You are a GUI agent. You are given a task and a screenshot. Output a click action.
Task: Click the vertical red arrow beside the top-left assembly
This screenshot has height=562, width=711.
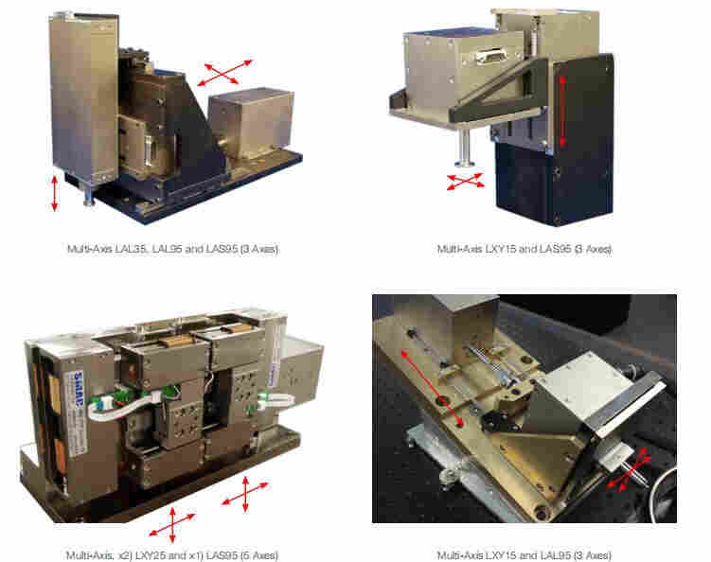pyautogui.click(x=55, y=194)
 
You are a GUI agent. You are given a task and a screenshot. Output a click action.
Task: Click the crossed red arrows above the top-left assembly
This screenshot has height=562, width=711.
pyautogui.click(x=225, y=73)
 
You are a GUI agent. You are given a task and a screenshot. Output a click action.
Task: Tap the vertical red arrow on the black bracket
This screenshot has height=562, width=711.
pyautogui.click(x=562, y=111)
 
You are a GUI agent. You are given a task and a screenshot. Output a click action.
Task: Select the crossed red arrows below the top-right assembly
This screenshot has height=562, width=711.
pyautogui.click(x=465, y=182)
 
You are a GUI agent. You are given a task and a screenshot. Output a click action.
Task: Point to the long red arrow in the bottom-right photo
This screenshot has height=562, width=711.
pyautogui.click(x=431, y=388)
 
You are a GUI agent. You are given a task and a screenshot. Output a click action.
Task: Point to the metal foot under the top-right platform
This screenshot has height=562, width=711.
pyautogui.click(x=464, y=149)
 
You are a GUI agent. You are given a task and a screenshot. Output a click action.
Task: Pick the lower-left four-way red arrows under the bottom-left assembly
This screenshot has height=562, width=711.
pyautogui.click(x=172, y=525)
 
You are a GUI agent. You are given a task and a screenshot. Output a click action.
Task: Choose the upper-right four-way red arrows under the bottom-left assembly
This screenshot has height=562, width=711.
pyautogui.click(x=245, y=494)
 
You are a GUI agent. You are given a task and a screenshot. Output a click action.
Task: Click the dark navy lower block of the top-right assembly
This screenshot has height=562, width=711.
pyautogui.click(x=553, y=184)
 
